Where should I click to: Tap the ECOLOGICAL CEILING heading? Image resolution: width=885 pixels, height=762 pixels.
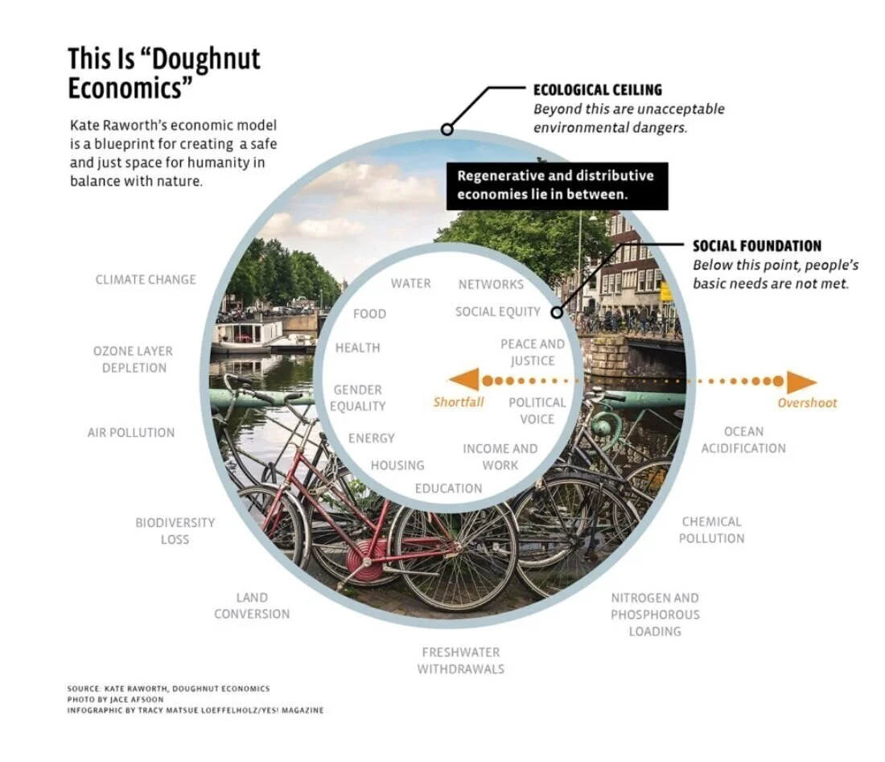click(x=598, y=89)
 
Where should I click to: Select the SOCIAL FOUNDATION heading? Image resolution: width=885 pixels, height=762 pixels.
click(x=757, y=245)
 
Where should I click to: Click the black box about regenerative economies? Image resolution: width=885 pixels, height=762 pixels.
click(x=556, y=185)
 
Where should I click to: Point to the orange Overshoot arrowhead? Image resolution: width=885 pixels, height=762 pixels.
click(x=801, y=381)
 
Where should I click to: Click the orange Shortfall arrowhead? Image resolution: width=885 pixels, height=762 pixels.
click(x=464, y=379)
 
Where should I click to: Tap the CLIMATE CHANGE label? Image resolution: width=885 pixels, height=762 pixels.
click(x=146, y=279)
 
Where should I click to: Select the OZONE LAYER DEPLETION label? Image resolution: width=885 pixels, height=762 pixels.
click(x=133, y=359)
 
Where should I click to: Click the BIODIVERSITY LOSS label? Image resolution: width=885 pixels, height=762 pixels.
click(x=175, y=530)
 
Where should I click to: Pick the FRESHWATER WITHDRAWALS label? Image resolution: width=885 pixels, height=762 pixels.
click(x=460, y=660)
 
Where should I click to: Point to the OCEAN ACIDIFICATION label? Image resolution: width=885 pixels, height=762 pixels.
click(x=743, y=439)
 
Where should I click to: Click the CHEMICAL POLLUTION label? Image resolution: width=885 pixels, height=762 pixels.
click(x=711, y=529)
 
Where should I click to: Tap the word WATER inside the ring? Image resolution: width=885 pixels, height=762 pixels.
click(x=410, y=283)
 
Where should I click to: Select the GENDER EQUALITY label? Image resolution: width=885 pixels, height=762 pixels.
click(x=357, y=397)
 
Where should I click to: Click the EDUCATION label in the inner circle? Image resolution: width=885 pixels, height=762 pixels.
click(x=448, y=488)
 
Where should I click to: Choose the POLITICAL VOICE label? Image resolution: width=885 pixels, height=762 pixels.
click(x=537, y=410)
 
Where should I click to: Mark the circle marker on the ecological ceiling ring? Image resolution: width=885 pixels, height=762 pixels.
click(x=447, y=129)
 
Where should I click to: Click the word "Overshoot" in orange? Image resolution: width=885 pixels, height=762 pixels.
click(x=807, y=403)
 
